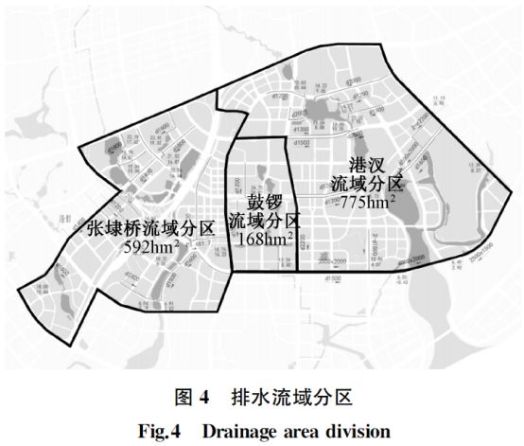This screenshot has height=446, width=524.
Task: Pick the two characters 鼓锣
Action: click(x=266, y=202)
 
